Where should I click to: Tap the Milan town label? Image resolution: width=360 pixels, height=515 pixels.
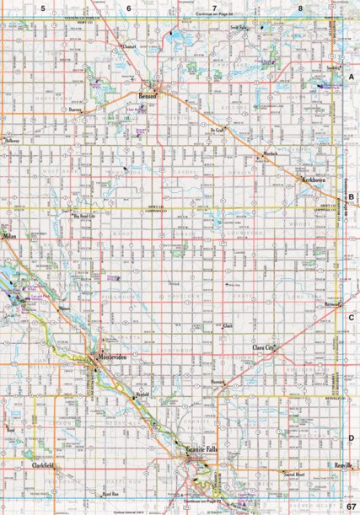click(x=9, y=238)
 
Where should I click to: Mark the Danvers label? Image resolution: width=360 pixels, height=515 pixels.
click(x=79, y=110)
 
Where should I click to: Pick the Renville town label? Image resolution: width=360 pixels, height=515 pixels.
click(x=341, y=465)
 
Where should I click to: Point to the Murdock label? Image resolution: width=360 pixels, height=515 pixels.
click(x=270, y=154)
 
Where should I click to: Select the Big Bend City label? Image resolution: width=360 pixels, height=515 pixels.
click(x=89, y=216)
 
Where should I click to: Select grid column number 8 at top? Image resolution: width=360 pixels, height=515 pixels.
click(x=300, y=8)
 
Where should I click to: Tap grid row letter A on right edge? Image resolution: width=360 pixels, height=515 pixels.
click(x=351, y=76)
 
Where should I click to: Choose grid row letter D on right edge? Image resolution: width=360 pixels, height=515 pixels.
click(x=351, y=438)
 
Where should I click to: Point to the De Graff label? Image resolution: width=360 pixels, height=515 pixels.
click(x=218, y=131)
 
